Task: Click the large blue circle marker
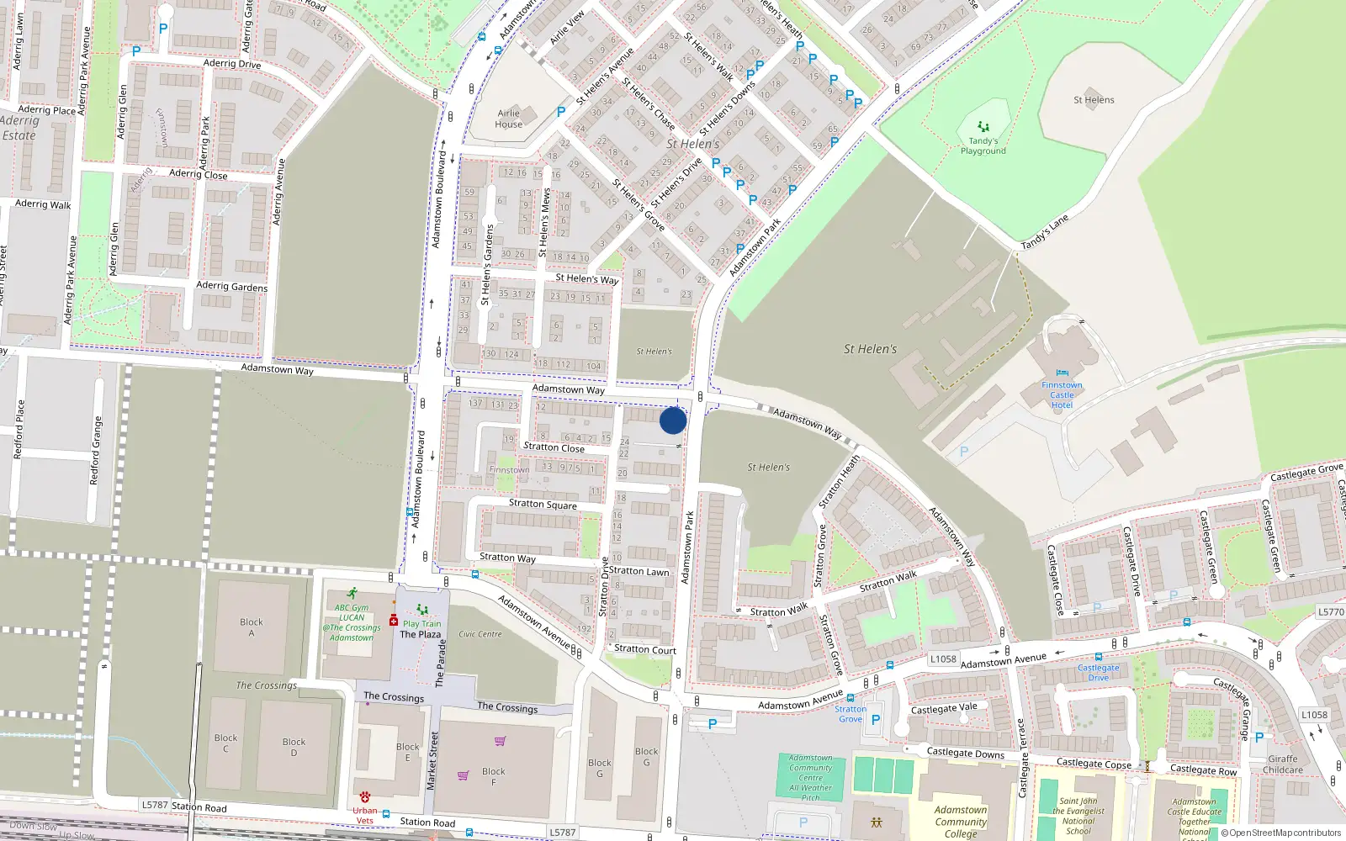(673, 420)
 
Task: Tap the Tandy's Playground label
(983, 146)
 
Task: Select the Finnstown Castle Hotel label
(1062, 394)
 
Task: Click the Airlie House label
(509, 119)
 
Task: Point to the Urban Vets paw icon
(365, 796)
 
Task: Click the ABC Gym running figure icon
(352, 594)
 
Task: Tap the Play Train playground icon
(422, 611)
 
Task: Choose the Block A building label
(251, 627)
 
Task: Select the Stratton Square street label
(543, 505)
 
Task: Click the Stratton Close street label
(554, 447)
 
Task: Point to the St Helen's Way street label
(586, 278)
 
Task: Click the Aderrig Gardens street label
(231, 286)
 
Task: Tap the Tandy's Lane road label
(1044, 232)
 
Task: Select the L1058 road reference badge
(943, 659)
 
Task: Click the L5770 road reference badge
(1331, 612)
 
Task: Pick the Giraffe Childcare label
(1282, 764)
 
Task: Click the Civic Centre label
(480, 634)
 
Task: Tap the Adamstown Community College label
(960, 822)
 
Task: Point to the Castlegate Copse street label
(1094, 764)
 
